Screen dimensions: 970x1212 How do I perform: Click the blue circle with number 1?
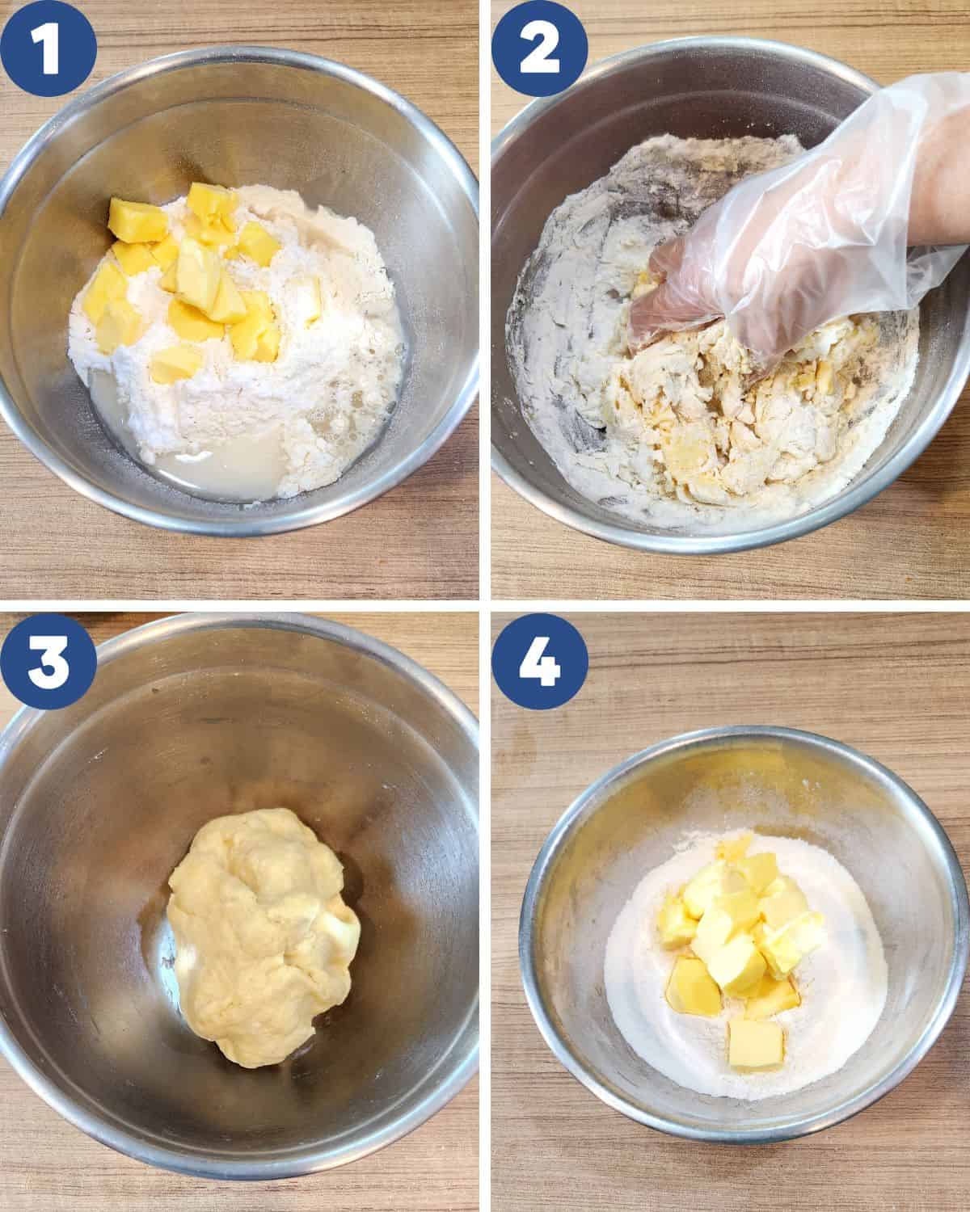(48, 48)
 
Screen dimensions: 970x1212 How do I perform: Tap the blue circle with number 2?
(539, 48)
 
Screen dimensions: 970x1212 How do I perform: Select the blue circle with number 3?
(48, 661)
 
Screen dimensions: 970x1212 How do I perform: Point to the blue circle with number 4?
(539, 661)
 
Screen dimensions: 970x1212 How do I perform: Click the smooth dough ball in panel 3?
(263, 938)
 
